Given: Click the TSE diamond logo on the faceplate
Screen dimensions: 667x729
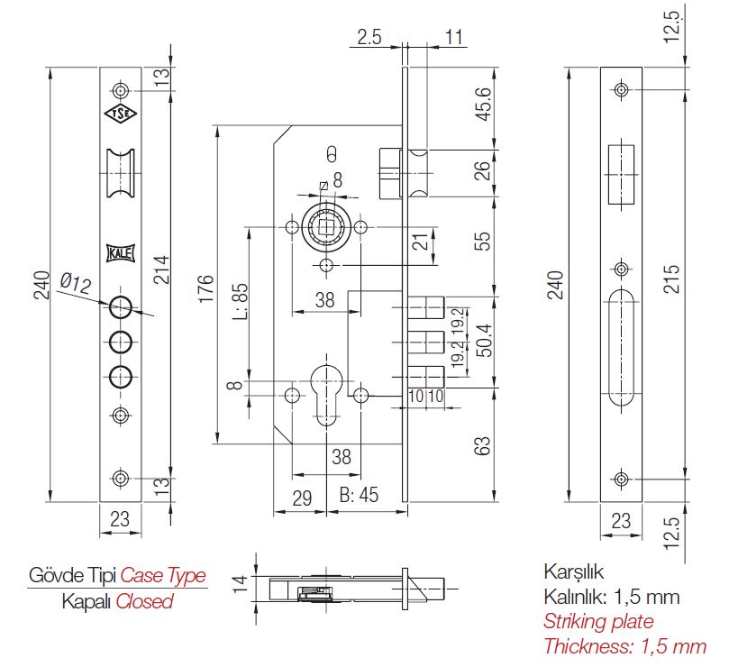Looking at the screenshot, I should click(120, 114).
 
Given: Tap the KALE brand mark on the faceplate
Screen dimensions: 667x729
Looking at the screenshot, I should click(120, 253).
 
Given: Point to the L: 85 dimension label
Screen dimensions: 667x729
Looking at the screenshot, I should click(241, 306).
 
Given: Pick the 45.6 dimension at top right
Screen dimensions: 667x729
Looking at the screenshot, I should click(484, 105).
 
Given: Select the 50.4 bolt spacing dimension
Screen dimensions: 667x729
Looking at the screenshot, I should click(484, 343).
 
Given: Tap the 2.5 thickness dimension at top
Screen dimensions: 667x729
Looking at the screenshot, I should click(369, 38).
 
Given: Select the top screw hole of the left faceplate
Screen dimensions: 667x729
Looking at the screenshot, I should click(120, 90).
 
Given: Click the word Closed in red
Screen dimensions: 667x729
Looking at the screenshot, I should click(143, 601).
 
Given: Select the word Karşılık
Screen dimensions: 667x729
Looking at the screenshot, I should click(572, 572).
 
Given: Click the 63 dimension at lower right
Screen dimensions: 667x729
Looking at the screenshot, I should click(484, 444).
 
